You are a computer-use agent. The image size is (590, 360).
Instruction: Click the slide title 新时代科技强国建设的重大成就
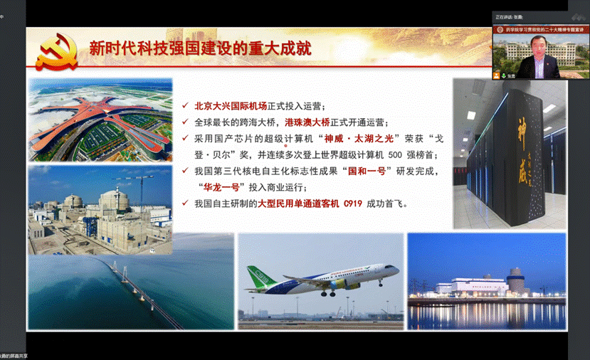pos(200,48)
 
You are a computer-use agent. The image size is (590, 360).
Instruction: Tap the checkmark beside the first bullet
pos(186,106)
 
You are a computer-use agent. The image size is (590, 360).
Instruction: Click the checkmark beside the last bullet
pos(186,204)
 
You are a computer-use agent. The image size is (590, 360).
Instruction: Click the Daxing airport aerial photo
pos(100,120)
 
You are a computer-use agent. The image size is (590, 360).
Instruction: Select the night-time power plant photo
pos(486,281)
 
